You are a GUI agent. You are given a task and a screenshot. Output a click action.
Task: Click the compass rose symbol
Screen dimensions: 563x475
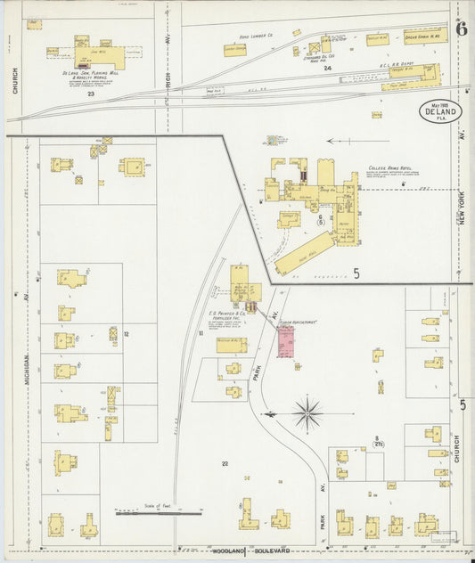pos(309,411)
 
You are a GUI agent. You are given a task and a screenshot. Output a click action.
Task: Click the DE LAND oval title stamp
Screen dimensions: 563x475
pos(439,114)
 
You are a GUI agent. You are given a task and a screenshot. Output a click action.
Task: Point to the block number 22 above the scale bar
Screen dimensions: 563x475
pos(225,463)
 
